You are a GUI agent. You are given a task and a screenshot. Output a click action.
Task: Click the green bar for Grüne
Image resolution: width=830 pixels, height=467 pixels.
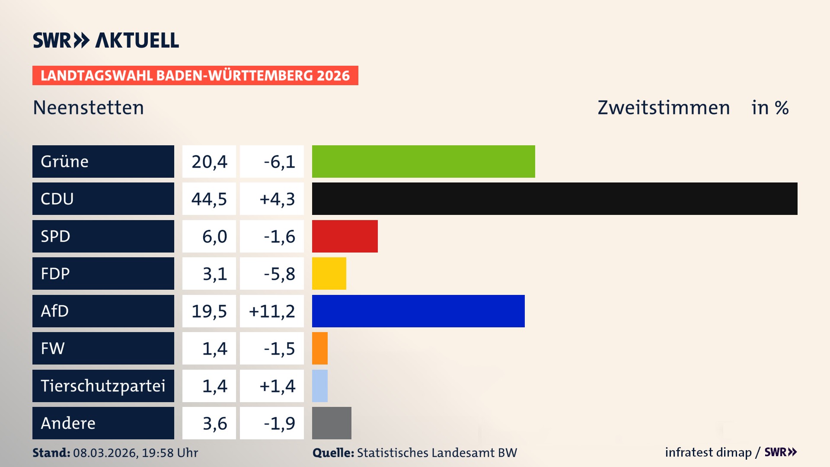[423, 161]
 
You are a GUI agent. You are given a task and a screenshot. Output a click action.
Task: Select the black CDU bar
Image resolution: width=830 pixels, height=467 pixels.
[555, 199]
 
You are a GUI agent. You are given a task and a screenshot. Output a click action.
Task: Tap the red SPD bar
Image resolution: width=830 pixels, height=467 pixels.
[345, 236]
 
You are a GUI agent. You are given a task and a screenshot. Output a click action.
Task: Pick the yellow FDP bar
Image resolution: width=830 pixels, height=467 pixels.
[329, 273]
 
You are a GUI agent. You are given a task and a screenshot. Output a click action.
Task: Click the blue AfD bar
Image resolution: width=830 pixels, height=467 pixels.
[418, 311]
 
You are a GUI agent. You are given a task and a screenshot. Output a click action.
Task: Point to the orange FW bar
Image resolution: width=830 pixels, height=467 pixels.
[320, 348]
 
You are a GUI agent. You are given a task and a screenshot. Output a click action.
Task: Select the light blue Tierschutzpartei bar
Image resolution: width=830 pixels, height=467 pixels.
[320, 386]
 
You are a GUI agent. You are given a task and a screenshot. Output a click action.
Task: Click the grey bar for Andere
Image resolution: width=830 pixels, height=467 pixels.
[332, 423]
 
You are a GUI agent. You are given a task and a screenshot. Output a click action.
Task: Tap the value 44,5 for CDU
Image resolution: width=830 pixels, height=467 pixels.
[209, 199]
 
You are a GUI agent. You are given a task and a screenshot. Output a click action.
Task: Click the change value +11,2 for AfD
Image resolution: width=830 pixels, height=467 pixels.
[272, 311]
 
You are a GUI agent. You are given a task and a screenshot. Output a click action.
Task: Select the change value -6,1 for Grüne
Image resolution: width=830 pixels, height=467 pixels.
[279, 161]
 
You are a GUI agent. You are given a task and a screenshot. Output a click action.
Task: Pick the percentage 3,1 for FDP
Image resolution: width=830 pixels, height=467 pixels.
[215, 273]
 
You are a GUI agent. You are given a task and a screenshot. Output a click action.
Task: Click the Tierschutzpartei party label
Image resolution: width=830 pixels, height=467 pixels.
[103, 386]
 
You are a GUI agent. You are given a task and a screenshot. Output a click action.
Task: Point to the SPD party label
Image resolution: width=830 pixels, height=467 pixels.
[55, 236]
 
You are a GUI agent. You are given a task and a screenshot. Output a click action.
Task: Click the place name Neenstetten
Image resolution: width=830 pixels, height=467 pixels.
[88, 107]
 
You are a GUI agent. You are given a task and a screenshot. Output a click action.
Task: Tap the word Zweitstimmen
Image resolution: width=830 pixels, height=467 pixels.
[664, 107]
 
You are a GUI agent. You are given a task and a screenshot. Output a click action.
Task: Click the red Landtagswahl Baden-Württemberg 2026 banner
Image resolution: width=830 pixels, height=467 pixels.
[195, 75]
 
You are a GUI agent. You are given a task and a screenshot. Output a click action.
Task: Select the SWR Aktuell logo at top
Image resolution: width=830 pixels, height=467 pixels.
[106, 40]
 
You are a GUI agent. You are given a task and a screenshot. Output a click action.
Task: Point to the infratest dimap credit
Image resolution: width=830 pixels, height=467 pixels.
[708, 452]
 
